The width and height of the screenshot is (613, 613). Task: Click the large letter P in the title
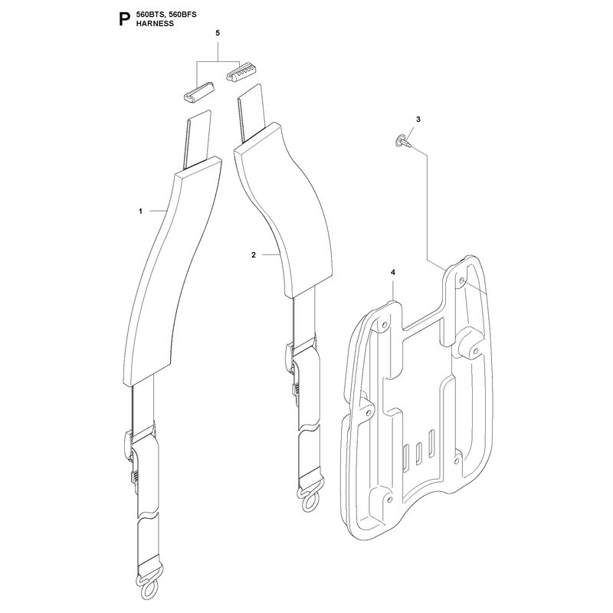(x=124, y=19)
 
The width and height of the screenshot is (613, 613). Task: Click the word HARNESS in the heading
(x=155, y=24)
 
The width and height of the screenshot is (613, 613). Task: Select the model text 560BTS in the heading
(x=149, y=15)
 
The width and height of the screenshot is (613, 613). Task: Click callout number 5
(x=218, y=33)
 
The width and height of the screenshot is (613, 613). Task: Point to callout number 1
(x=140, y=211)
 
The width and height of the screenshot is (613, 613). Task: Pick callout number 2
(x=254, y=255)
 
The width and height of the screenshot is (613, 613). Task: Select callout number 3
(x=418, y=120)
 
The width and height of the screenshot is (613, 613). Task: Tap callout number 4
(x=393, y=272)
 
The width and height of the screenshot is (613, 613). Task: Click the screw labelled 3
(x=404, y=141)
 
